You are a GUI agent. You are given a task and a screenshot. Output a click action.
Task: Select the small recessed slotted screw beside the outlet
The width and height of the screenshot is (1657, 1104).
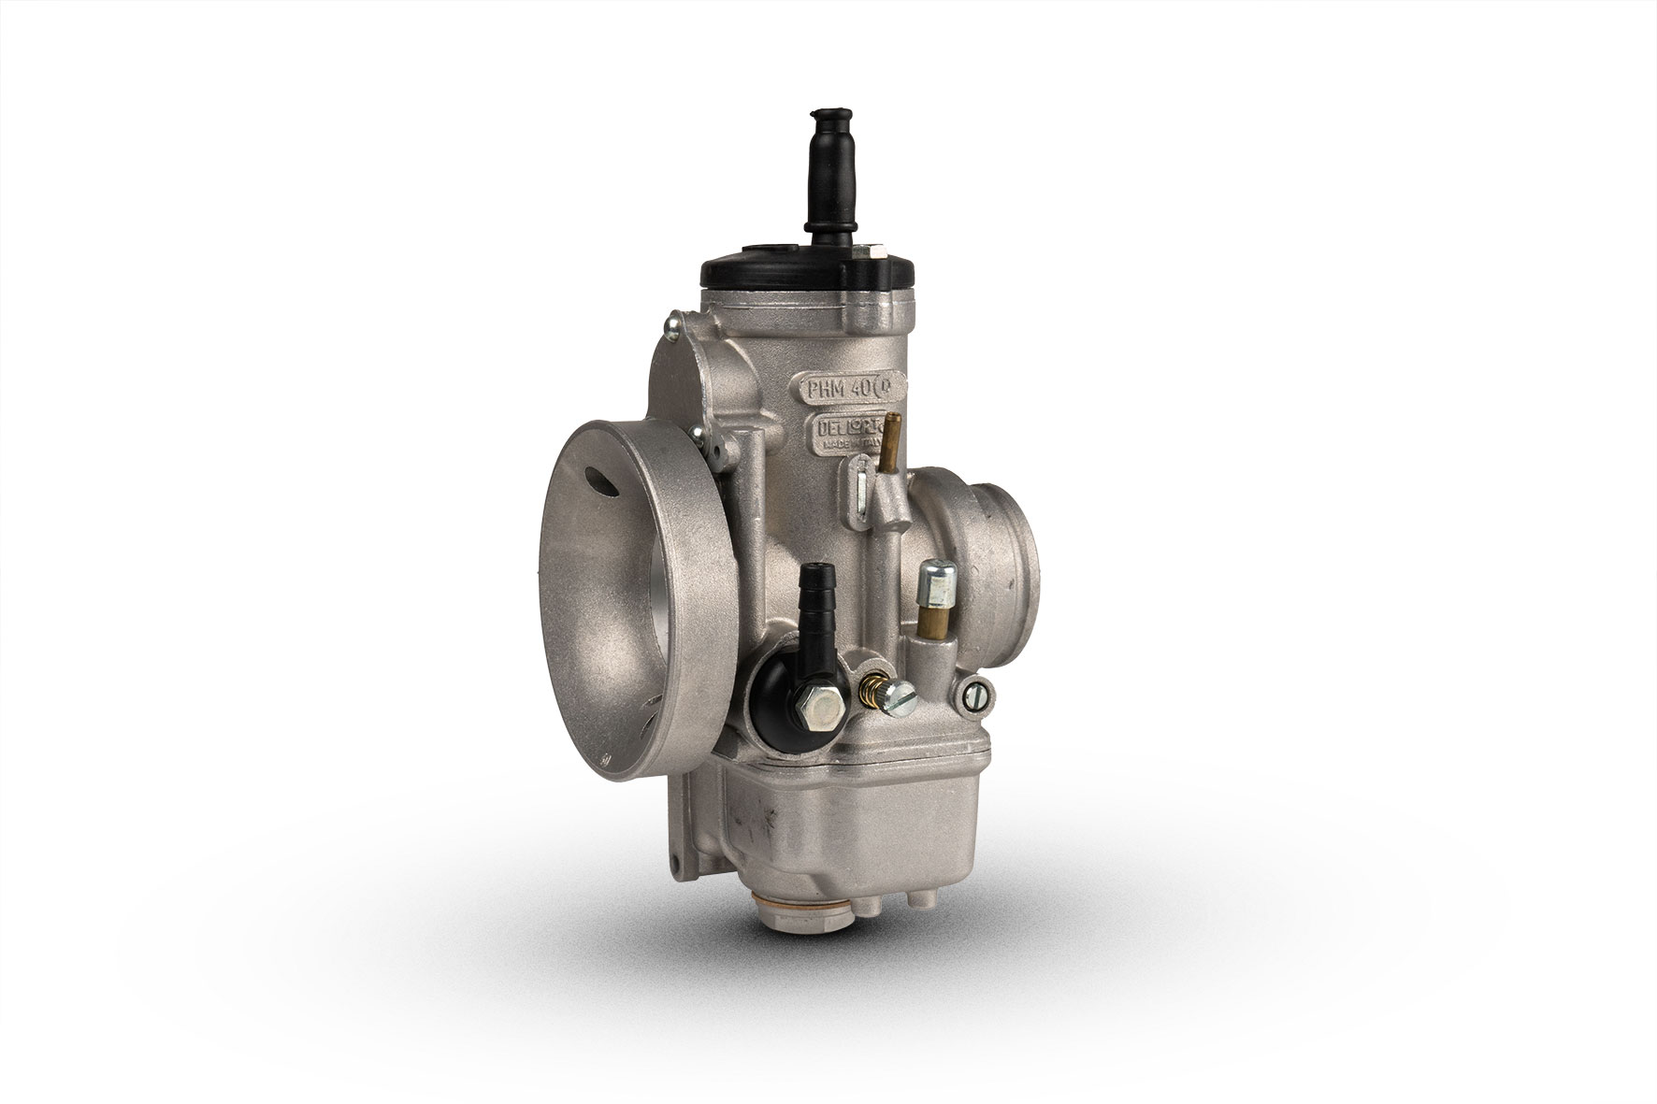[x=970, y=695]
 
